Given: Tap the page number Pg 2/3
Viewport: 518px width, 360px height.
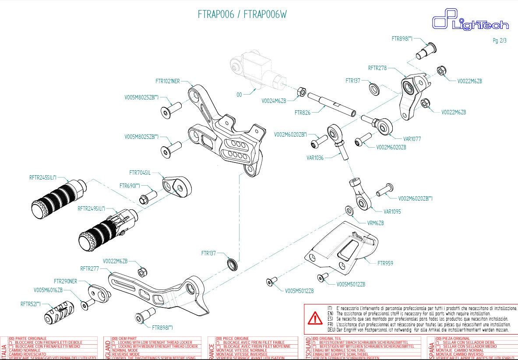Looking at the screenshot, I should (x=499, y=41).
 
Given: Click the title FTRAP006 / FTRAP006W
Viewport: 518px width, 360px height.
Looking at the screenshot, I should (x=242, y=14).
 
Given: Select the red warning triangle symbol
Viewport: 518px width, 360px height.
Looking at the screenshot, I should (x=315, y=318).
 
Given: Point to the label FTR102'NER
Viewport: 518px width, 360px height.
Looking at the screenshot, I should (x=167, y=81).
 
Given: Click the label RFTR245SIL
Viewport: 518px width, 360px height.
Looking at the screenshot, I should (x=42, y=177).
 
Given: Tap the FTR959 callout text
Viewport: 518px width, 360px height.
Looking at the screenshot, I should (x=385, y=263).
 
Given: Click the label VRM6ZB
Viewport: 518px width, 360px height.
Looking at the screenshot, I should (x=375, y=223).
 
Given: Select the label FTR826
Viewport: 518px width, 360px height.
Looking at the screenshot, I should (x=302, y=113).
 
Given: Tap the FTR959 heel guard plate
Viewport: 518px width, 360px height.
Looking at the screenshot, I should (x=344, y=250).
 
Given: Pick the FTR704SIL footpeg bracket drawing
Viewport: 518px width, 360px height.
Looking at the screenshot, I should (x=176, y=187).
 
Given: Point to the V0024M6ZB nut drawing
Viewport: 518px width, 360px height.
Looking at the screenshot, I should (x=302, y=92).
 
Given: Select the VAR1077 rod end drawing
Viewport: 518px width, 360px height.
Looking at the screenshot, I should (x=379, y=124).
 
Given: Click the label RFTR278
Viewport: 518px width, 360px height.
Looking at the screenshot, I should (x=377, y=68).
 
